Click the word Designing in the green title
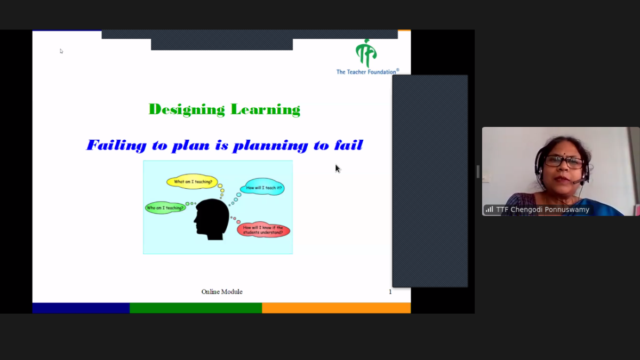tap(187, 110)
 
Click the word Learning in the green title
tap(266, 110)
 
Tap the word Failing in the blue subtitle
tap(117, 145)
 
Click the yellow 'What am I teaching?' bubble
tap(193, 182)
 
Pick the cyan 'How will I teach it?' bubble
tap(262, 187)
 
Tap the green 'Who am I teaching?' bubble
tap(165, 207)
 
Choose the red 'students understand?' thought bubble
tap(263, 230)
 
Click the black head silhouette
tap(212, 219)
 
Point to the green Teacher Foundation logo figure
tap(366, 53)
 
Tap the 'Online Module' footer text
tap(222, 292)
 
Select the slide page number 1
tap(390, 292)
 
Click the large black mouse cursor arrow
tap(338, 169)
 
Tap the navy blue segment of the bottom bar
tap(81, 308)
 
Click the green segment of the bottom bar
tap(196, 308)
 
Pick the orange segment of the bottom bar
tap(337, 308)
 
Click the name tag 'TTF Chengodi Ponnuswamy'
tap(542, 210)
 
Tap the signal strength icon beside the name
tap(490, 210)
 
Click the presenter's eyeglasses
tap(564, 161)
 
